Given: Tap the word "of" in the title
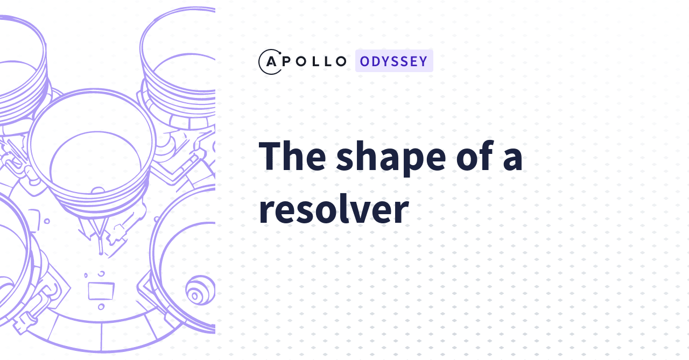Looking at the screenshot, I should [473, 156].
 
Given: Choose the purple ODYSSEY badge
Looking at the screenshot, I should [394, 61].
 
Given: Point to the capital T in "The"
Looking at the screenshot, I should [272, 156].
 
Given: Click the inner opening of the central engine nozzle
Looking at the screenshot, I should [96, 159].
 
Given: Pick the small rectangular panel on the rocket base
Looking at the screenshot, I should [101, 290].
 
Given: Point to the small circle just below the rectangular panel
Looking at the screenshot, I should [101, 307].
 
